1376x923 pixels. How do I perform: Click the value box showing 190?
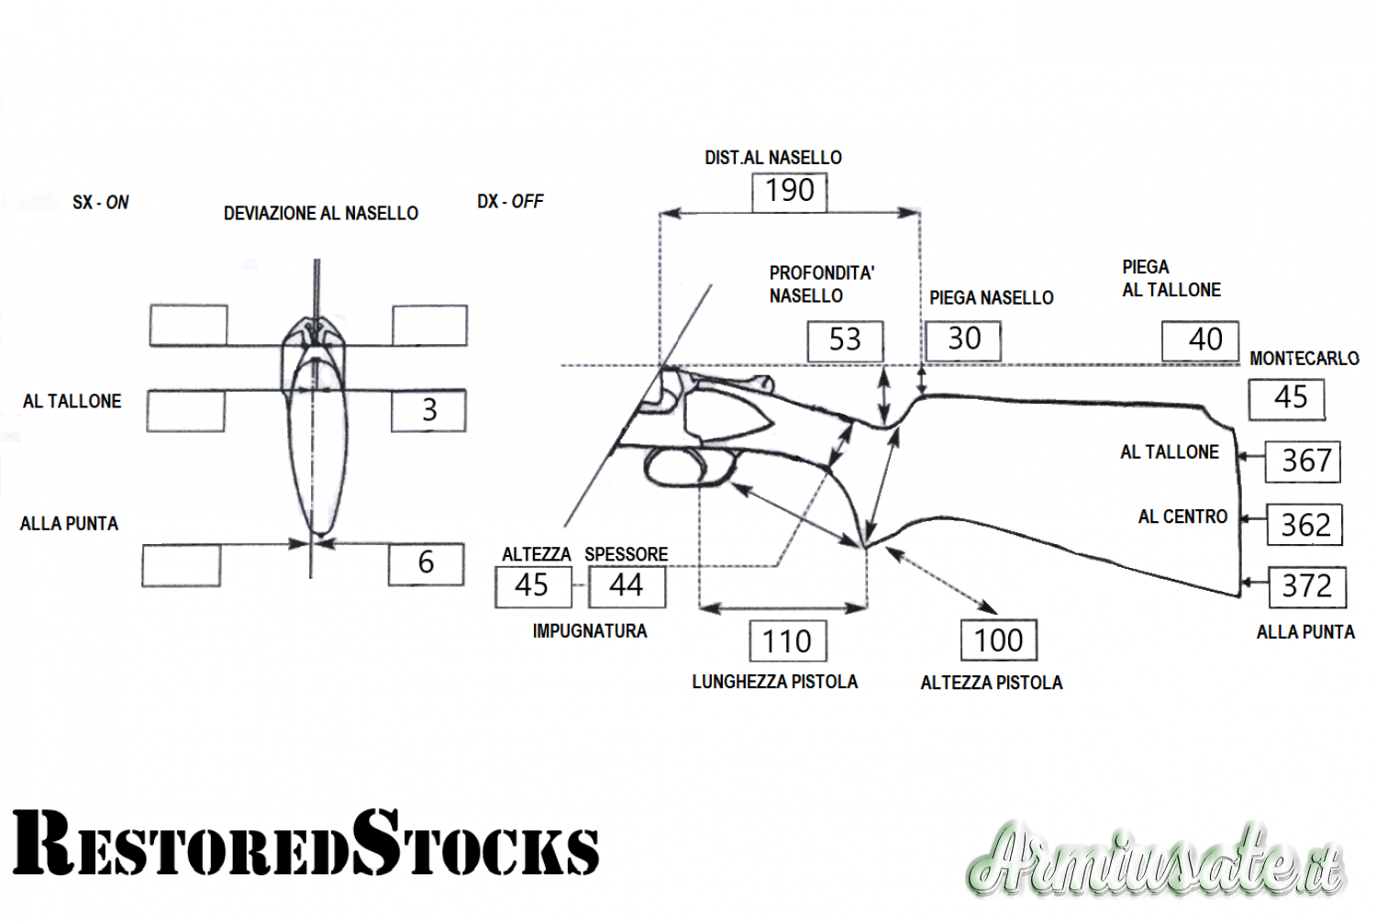789,191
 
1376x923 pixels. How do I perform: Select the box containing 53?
845,340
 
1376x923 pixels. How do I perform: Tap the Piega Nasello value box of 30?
962,339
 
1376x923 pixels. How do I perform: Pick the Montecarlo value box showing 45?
1286,398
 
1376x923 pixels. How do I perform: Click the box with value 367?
1303,461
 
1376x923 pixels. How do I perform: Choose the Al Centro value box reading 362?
1304,525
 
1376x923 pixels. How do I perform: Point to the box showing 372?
1306,586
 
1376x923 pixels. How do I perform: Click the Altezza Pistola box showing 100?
998,640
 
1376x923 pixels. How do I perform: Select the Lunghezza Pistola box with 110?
787,641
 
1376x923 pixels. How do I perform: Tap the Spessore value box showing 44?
627,586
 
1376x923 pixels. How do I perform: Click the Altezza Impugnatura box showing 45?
532,586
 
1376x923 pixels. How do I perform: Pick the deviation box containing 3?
428,410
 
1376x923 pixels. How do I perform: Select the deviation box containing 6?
426,563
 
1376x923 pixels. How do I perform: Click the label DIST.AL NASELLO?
772,158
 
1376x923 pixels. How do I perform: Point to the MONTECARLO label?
1304,359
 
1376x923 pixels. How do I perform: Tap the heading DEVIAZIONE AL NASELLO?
320,214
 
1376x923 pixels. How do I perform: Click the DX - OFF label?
510,202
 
